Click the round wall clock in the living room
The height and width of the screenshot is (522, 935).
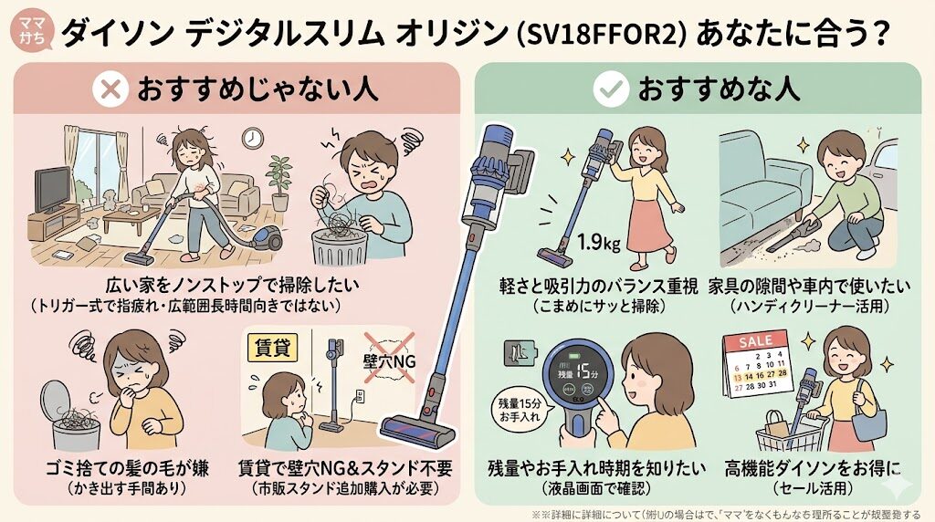(252, 138)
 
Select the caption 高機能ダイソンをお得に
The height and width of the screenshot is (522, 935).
(812, 470)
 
